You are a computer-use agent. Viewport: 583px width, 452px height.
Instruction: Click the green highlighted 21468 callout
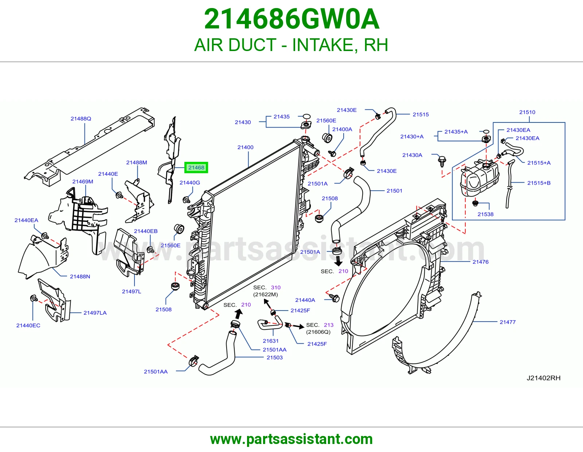[196, 167]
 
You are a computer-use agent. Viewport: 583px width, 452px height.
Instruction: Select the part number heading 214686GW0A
[291, 19]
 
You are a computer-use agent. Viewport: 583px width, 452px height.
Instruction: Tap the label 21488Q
[81, 118]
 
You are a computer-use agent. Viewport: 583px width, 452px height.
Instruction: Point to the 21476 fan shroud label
[480, 262]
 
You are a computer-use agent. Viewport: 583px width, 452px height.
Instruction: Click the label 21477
[507, 322]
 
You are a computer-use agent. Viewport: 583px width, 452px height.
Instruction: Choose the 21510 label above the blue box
[527, 112]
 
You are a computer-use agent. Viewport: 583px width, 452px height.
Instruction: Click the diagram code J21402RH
[543, 378]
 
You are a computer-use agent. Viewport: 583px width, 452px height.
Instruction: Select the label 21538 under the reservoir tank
[485, 214]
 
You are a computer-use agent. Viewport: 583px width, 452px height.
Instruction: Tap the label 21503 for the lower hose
[274, 357]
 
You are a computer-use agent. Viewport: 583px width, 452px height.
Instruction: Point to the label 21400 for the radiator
[245, 147]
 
